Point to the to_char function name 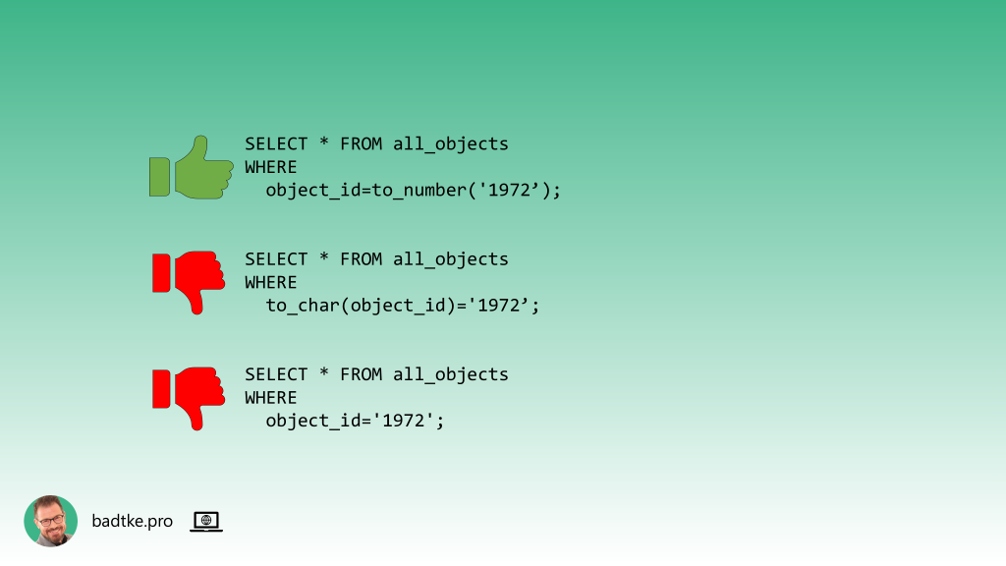pos(303,306)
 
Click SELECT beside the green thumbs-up pos(276,144)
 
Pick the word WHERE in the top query pos(270,167)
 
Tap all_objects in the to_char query pos(451,259)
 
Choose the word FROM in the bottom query pos(362,374)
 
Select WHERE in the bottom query pos(270,398)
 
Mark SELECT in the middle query pos(276,259)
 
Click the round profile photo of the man pos(50,521)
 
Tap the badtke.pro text pos(132,522)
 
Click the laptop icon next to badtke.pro pos(206,522)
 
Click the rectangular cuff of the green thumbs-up pos(159,176)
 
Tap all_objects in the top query pos(451,144)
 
